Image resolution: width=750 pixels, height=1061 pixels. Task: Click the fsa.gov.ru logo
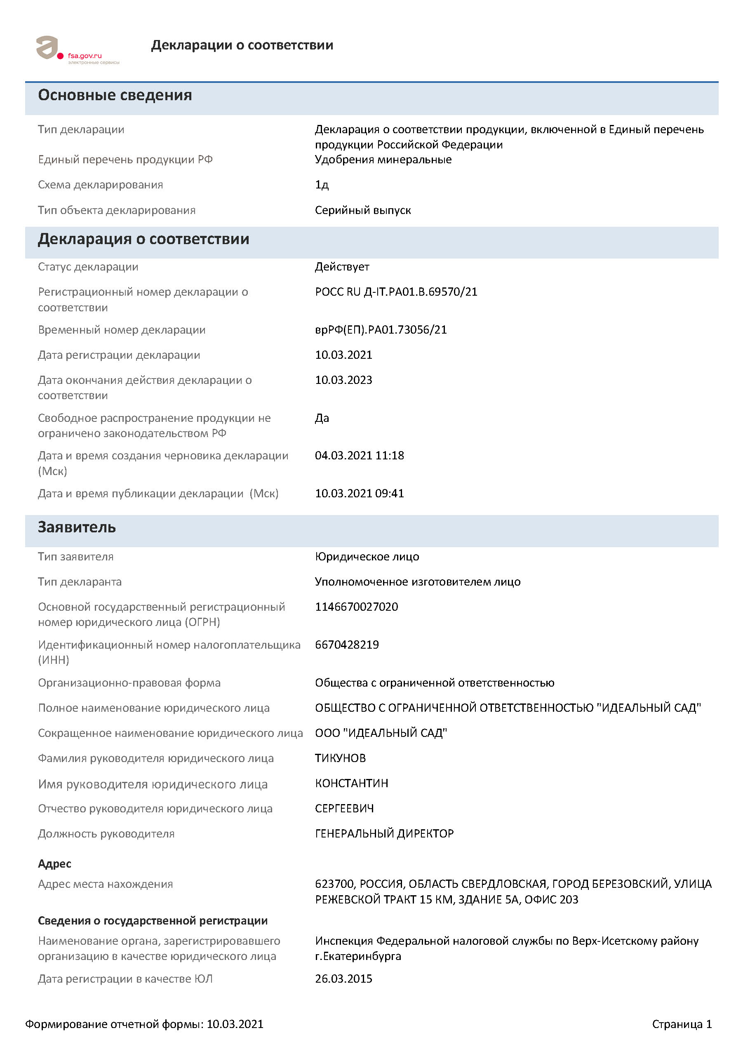[76, 50]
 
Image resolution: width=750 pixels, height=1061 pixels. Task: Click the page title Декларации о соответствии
[242, 45]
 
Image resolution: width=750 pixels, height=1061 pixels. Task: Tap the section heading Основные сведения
[115, 95]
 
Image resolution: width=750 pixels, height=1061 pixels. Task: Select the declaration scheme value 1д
[322, 185]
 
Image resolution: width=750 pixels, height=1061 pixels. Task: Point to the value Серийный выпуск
[363, 210]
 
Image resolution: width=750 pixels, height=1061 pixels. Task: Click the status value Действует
[342, 267]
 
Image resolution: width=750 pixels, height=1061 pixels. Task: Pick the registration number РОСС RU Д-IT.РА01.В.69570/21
[396, 292]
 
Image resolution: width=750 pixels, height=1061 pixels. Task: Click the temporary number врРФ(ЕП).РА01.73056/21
[381, 329]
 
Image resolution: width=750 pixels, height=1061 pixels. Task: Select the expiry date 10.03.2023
[343, 380]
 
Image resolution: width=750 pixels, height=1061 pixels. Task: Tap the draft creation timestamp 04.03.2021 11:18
[359, 455]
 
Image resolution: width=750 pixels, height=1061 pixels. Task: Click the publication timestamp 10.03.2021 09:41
[359, 493]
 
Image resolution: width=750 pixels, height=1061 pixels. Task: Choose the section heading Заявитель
[77, 527]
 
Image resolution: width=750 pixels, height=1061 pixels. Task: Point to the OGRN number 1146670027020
[356, 606]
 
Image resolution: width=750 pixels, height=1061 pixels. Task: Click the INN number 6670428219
[347, 644]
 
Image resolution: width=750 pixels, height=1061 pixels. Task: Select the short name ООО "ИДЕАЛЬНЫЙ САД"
[381, 733]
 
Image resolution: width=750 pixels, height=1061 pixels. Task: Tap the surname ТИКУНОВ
[340, 758]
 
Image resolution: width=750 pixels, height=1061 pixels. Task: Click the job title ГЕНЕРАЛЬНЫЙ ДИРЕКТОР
[384, 833]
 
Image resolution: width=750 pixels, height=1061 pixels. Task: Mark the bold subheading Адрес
[54, 863]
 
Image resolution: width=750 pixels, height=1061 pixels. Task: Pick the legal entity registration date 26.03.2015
[343, 979]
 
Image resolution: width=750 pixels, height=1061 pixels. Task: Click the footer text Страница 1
[682, 1024]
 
